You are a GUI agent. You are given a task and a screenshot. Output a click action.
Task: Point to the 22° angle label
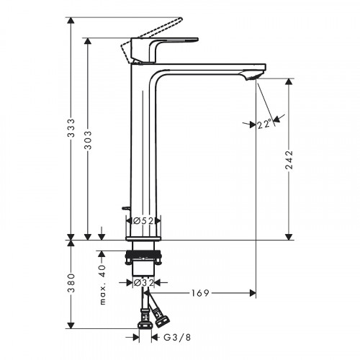(265, 125)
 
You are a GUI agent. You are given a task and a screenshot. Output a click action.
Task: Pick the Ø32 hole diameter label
(144, 283)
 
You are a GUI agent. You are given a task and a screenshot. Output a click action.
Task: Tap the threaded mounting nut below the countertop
(144, 255)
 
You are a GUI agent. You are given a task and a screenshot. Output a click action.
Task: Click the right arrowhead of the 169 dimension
(251, 293)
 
